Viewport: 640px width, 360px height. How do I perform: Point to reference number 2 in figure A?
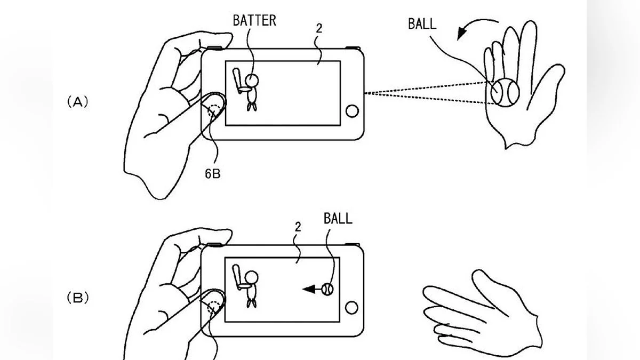pos(318,28)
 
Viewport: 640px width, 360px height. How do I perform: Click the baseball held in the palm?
pos(505,91)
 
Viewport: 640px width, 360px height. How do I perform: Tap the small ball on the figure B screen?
pos(327,289)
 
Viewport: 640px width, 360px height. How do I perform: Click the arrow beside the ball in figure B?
pos(310,289)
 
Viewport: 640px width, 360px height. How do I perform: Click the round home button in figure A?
pos(351,111)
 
